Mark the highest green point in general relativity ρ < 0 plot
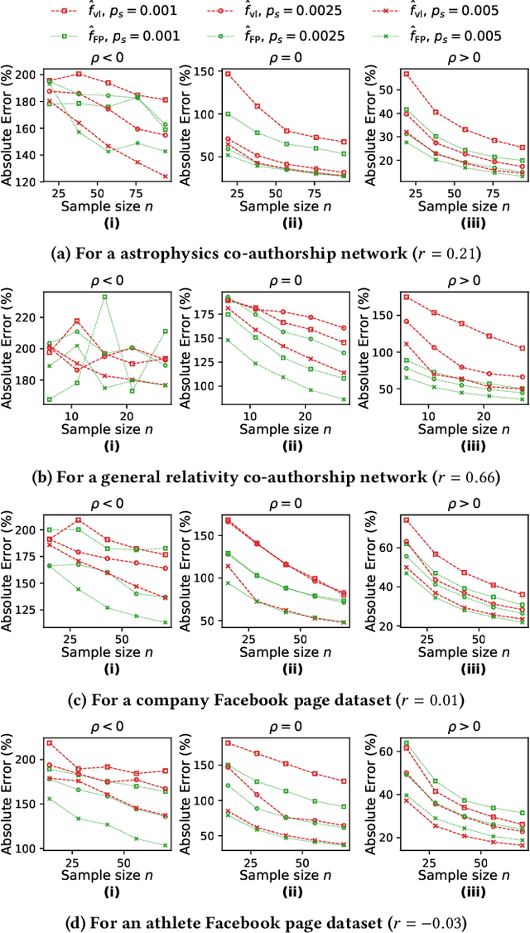(x=104, y=297)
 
